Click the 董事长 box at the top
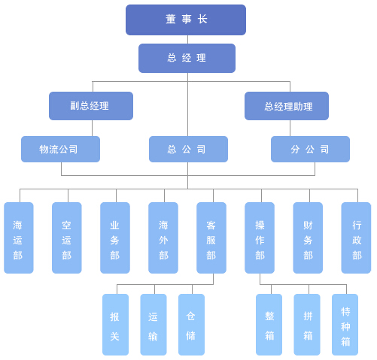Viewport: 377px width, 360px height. pyautogui.click(x=186, y=20)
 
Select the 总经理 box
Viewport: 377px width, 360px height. pyautogui.click(x=187, y=58)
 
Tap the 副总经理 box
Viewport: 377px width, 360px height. pyautogui.click(x=91, y=106)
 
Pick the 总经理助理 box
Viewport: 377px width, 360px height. pyautogui.click(x=287, y=106)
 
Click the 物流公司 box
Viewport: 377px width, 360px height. pyautogui.click(x=60, y=149)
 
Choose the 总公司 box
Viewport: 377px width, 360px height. pyautogui.click(x=188, y=149)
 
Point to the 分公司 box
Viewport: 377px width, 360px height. pyautogui.click(x=310, y=149)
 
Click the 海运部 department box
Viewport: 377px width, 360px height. pyautogui.click(x=19, y=237)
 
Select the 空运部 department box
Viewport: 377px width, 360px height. pyautogui.click(x=67, y=237)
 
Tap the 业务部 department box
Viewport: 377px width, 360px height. pyautogui.click(x=115, y=237)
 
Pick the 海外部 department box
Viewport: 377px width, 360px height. pyautogui.click(x=163, y=237)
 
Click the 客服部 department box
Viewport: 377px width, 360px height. pyautogui.click(x=211, y=237)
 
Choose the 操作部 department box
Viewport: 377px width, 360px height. pyautogui.click(x=260, y=237)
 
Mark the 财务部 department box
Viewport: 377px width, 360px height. pyautogui.click(x=308, y=237)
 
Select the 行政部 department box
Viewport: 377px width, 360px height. pyautogui.click(x=356, y=237)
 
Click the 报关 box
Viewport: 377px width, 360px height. pyautogui.click(x=115, y=325)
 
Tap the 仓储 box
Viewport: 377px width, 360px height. pyautogui.click(x=191, y=325)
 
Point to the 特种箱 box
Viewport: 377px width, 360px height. pyautogui.click(x=345, y=325)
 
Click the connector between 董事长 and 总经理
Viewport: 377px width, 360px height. pyautogui.click(x=187, y=40)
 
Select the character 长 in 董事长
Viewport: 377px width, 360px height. pyautogui.click(x=202, y=19)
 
